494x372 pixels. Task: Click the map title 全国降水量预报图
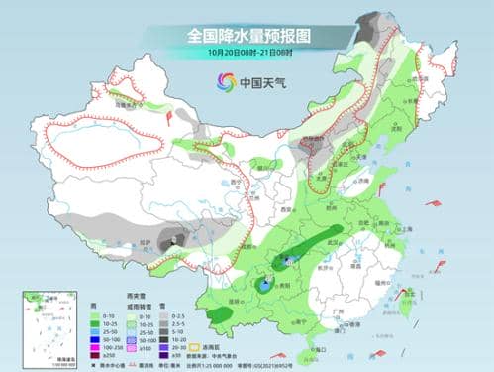pyautogui.click(x=247, y=36)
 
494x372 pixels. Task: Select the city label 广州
pyautogui.click(x=337, y=311)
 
